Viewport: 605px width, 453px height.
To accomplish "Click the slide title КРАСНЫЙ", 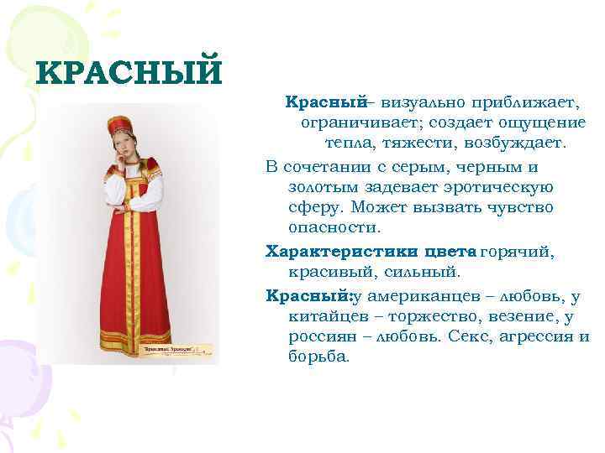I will pyautogui.click(x=129, y=73).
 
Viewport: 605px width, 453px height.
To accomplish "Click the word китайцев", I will pyautogui.click(x=324, y=316).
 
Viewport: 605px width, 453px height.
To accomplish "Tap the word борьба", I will pyautogui.click(x=318, y=357).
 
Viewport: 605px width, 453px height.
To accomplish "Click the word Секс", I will pyautogui.click(x=468, y=337).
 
